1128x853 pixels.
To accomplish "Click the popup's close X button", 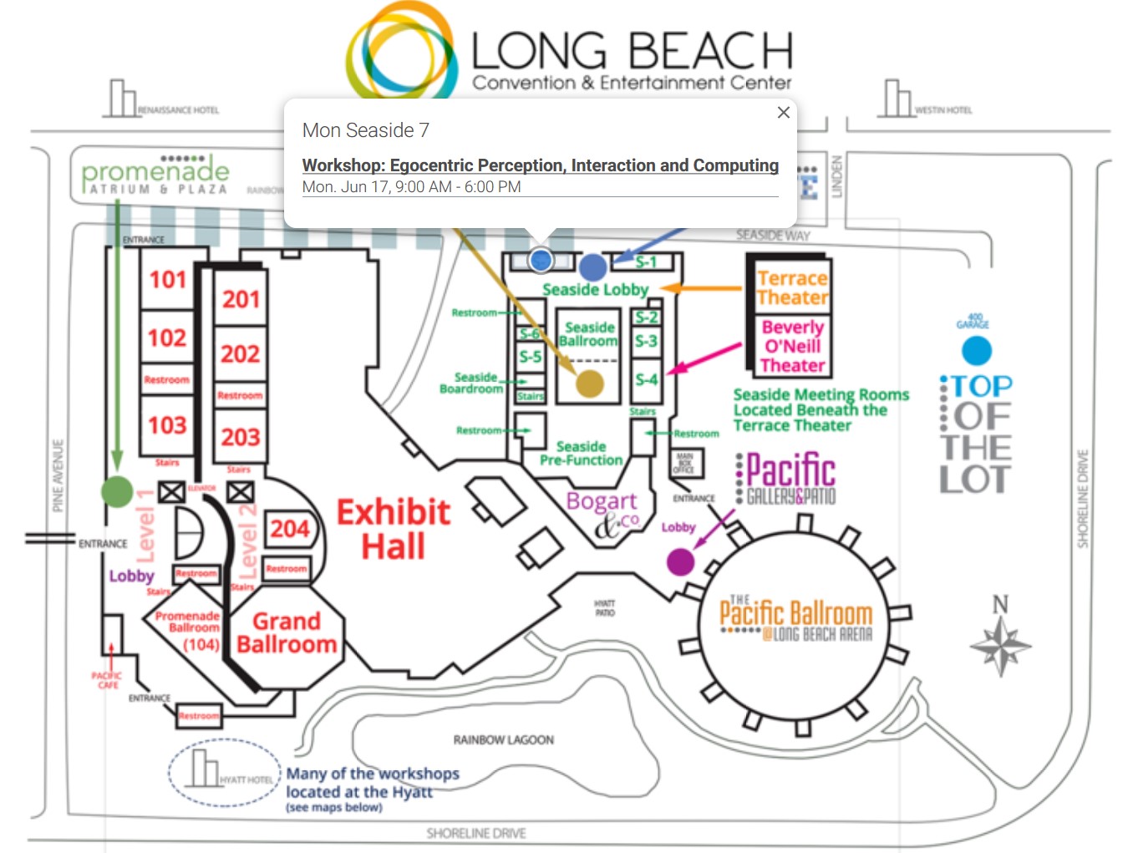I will [783, 112].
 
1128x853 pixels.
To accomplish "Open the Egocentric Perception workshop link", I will [540, 165].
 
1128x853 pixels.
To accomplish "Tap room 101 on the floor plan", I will [167, 279].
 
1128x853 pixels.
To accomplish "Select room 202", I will [240, 354].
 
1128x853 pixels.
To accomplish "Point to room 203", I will [241, 437].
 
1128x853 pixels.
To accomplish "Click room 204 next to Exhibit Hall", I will [289, 529].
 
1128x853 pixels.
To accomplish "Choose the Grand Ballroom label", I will [286, 633].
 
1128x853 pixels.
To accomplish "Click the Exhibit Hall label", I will [393, 529].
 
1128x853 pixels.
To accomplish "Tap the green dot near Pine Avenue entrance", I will [117, 491].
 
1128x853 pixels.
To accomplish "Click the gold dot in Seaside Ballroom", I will [590, 383].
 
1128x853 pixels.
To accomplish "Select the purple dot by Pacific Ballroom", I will [680, 561].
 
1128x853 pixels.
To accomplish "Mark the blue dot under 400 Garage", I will [976, 351].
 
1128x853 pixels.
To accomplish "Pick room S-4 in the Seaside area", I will [646, 379].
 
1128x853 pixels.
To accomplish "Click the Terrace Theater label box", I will [791, 288].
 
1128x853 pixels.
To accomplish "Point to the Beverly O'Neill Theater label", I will [792, 346].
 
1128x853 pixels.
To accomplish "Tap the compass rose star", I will [1000, 647].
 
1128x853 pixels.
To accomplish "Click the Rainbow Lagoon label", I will [503, 740].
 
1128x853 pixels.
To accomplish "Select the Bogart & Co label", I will [603, 511].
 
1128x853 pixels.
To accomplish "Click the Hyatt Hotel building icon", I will [201, 769].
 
